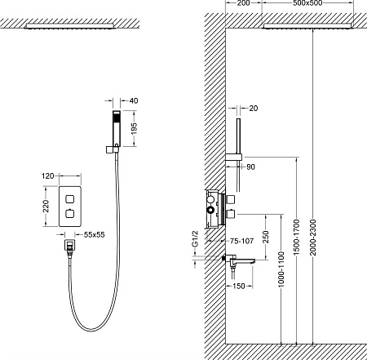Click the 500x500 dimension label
tap(307, 3)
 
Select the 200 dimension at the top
tap(243, 3)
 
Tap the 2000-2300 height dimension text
tap(313, 238)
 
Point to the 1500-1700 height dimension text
tap(296, 237)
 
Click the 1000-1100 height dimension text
tap(281, 269)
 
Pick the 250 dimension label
tap(266, 237)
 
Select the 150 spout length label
tap(239, 286)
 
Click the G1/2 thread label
tap(195, 239)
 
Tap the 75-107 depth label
tap(241, 241)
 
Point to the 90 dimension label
tap(250, 167)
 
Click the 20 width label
tap(253, 109)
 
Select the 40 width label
tap(134, 100)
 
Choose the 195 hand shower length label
tap(134, 128)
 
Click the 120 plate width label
tap(47, 176)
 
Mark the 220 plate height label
tap(46, 206)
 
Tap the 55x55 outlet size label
tap(94, 234)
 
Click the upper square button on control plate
tap(70, 199)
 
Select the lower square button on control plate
tap(70, 214)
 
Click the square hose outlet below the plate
tap(70, 245)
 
